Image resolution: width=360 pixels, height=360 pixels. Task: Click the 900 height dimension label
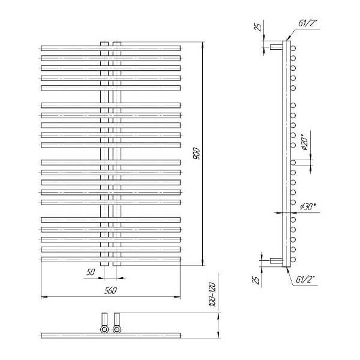[197, 154]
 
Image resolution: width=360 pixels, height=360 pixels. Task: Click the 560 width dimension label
[110, 290]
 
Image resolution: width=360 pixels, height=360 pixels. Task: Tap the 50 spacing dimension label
[91, 272]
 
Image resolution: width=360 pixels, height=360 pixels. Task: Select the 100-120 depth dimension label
[212, 295]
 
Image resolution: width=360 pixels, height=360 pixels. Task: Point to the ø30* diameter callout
[307, 206]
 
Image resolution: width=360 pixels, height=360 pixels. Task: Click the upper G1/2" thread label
[307, 23]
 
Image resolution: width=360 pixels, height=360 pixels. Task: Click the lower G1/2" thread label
[305, 280]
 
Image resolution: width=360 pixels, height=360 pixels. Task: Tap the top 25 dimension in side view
[258, 28]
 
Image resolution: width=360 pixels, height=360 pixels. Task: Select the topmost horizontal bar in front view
[110, 49]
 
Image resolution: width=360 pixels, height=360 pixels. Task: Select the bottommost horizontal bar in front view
[110, 259]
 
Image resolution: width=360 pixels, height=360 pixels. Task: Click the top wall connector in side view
[276, 47]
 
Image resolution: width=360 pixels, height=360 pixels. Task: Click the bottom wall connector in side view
[276, 260]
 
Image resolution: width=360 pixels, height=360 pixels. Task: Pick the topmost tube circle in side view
[293, 48]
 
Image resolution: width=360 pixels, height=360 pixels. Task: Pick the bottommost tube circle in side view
[293, 259]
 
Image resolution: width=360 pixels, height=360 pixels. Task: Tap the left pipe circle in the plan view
[104, 329]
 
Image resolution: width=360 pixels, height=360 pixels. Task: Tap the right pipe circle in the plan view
[117, 329]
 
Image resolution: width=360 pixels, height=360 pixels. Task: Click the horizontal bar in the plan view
[110, 335]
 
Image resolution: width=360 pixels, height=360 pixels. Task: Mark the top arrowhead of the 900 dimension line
[203, 45]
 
